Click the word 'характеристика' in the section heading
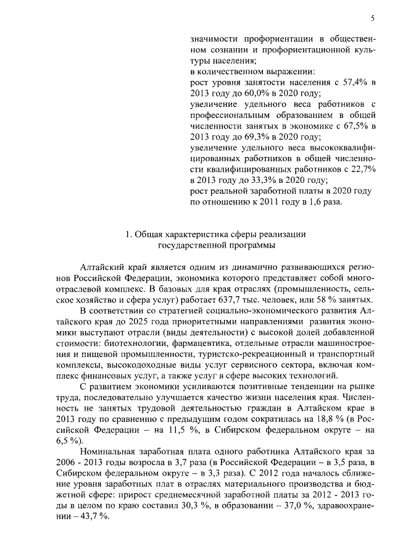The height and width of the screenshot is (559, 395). pyautogui.click(x=198, y=234)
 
